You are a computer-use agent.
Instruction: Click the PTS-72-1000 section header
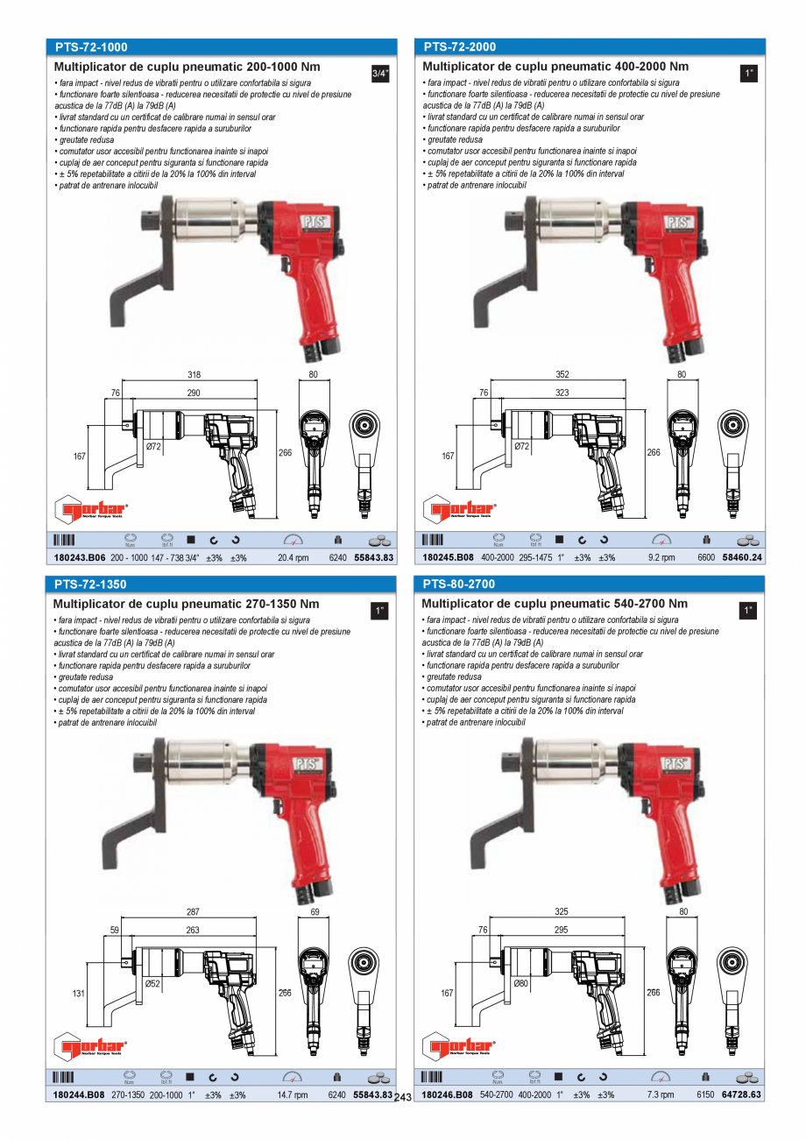(91, 46)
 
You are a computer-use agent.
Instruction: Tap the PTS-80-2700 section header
(459, 584)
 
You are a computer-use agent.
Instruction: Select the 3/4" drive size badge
(379, 74)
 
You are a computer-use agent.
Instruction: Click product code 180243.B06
(79, 557)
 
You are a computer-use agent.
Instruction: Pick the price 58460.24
(741, 557)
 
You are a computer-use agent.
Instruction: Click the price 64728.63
(741, 1094)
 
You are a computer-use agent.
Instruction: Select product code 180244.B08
(79, 1094)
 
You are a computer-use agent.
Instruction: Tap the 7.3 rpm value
(661, 1094)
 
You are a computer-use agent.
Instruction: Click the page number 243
(403, 1098)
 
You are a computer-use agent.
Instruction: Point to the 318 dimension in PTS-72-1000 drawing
(194, 375)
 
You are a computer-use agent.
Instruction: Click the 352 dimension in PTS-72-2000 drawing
(562, 375)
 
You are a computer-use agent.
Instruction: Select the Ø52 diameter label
(152, 984)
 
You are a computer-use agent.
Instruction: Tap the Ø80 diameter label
(521, 984)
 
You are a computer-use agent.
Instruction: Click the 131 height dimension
(79, 994)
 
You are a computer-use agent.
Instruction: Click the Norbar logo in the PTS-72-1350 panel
(91, 1045)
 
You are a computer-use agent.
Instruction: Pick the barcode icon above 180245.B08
(433, 539)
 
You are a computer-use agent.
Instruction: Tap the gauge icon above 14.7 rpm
(293, 1076)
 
